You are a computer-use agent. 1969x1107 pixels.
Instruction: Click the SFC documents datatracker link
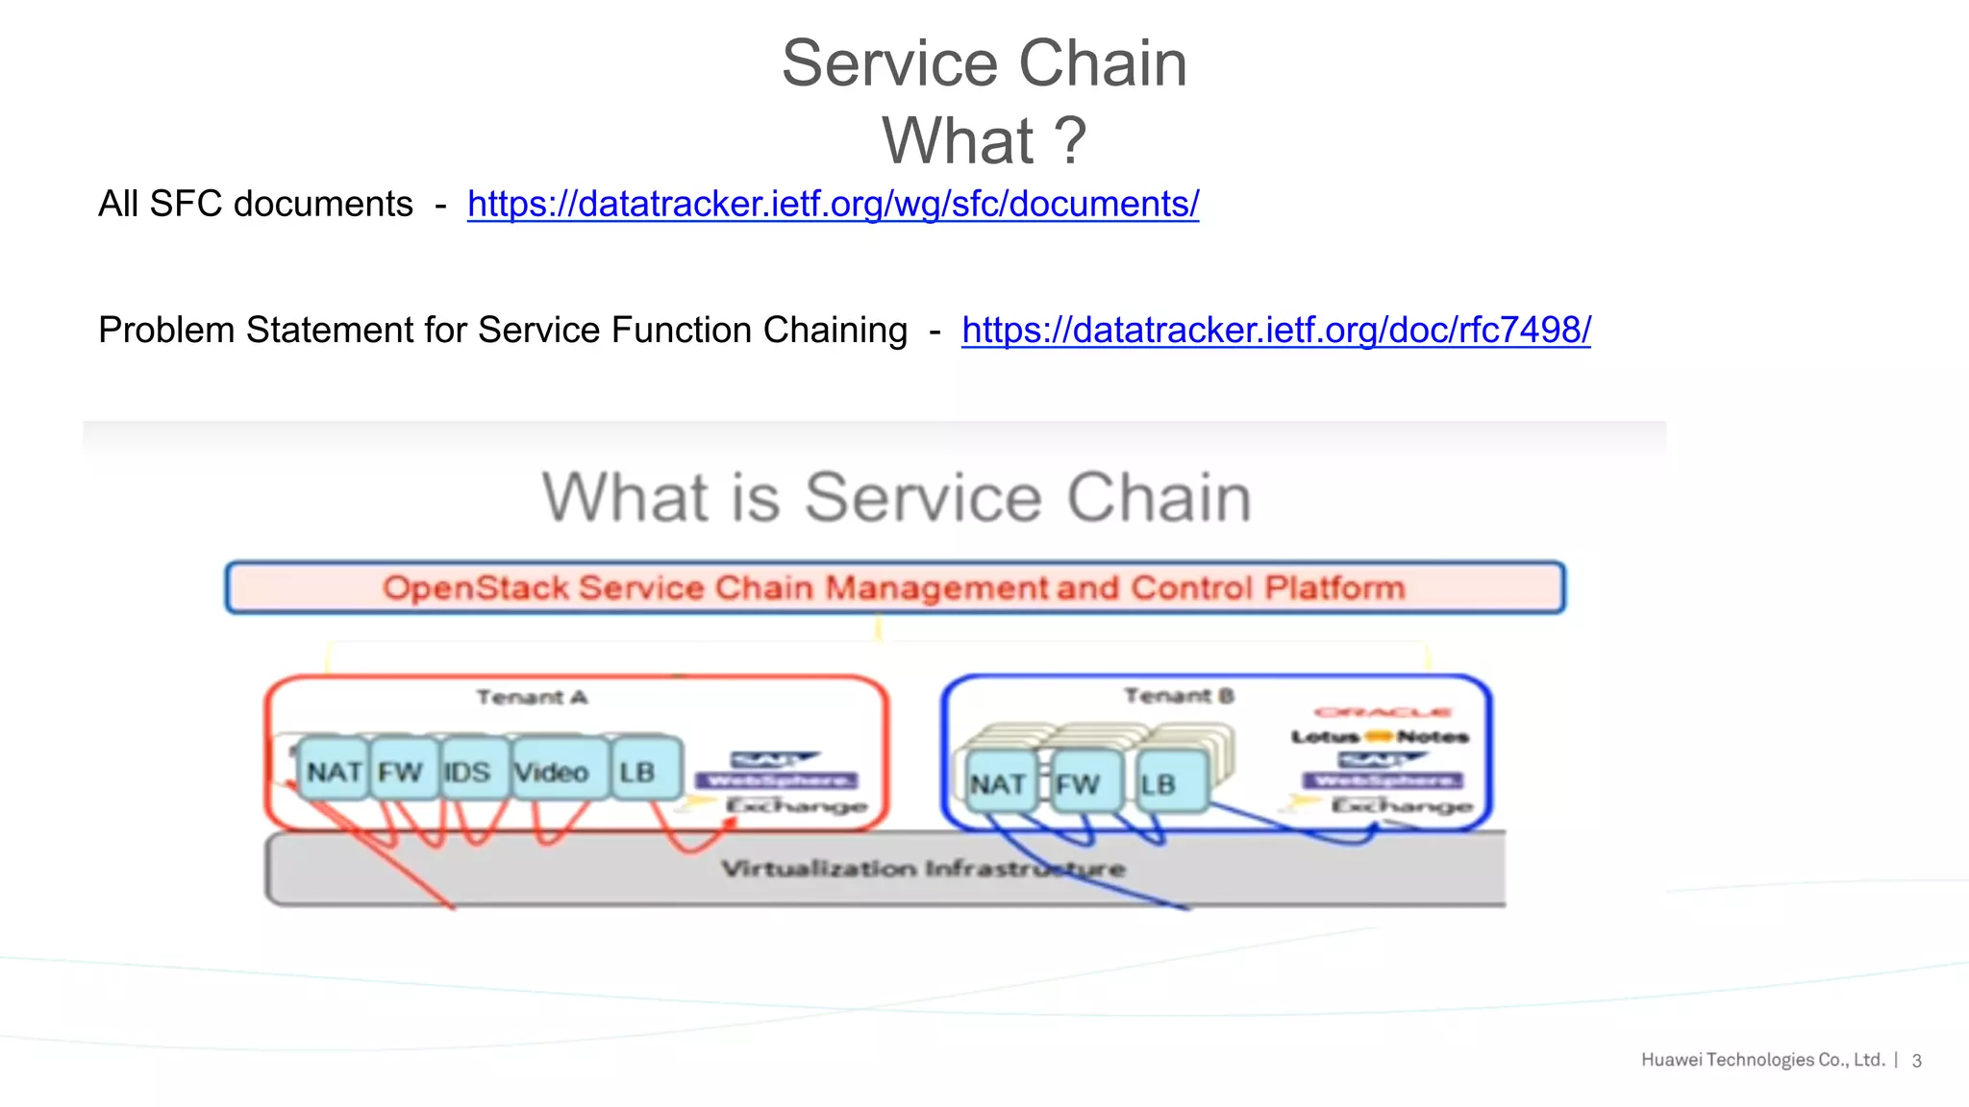[833, 204]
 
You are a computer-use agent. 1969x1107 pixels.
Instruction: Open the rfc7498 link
[1276, 330]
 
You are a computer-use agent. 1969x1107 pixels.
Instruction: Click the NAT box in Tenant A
[334, 771]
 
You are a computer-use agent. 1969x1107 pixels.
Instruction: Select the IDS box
[468, 771]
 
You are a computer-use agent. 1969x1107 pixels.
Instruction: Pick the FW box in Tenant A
[401, 771]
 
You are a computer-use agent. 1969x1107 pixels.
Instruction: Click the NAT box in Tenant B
[997, 784]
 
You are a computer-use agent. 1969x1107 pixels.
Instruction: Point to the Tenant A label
[532, 697]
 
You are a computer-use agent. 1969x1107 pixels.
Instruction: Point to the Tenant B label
[1179, 695]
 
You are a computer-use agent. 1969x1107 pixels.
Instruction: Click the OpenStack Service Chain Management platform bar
[894, 587]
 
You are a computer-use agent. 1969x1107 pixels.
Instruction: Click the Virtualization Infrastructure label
[923, 869]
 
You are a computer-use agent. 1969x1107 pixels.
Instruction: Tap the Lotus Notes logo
[1380, 737]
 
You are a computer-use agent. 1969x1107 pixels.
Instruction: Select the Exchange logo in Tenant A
[794, 805]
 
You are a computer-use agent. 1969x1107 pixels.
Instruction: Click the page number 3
[1916, 1061]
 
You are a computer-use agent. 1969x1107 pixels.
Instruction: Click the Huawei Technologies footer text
[1762, 1060]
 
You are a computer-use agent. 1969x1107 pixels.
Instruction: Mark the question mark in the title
[1069, 140]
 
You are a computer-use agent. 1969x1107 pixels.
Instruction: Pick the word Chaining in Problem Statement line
[835, 330]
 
